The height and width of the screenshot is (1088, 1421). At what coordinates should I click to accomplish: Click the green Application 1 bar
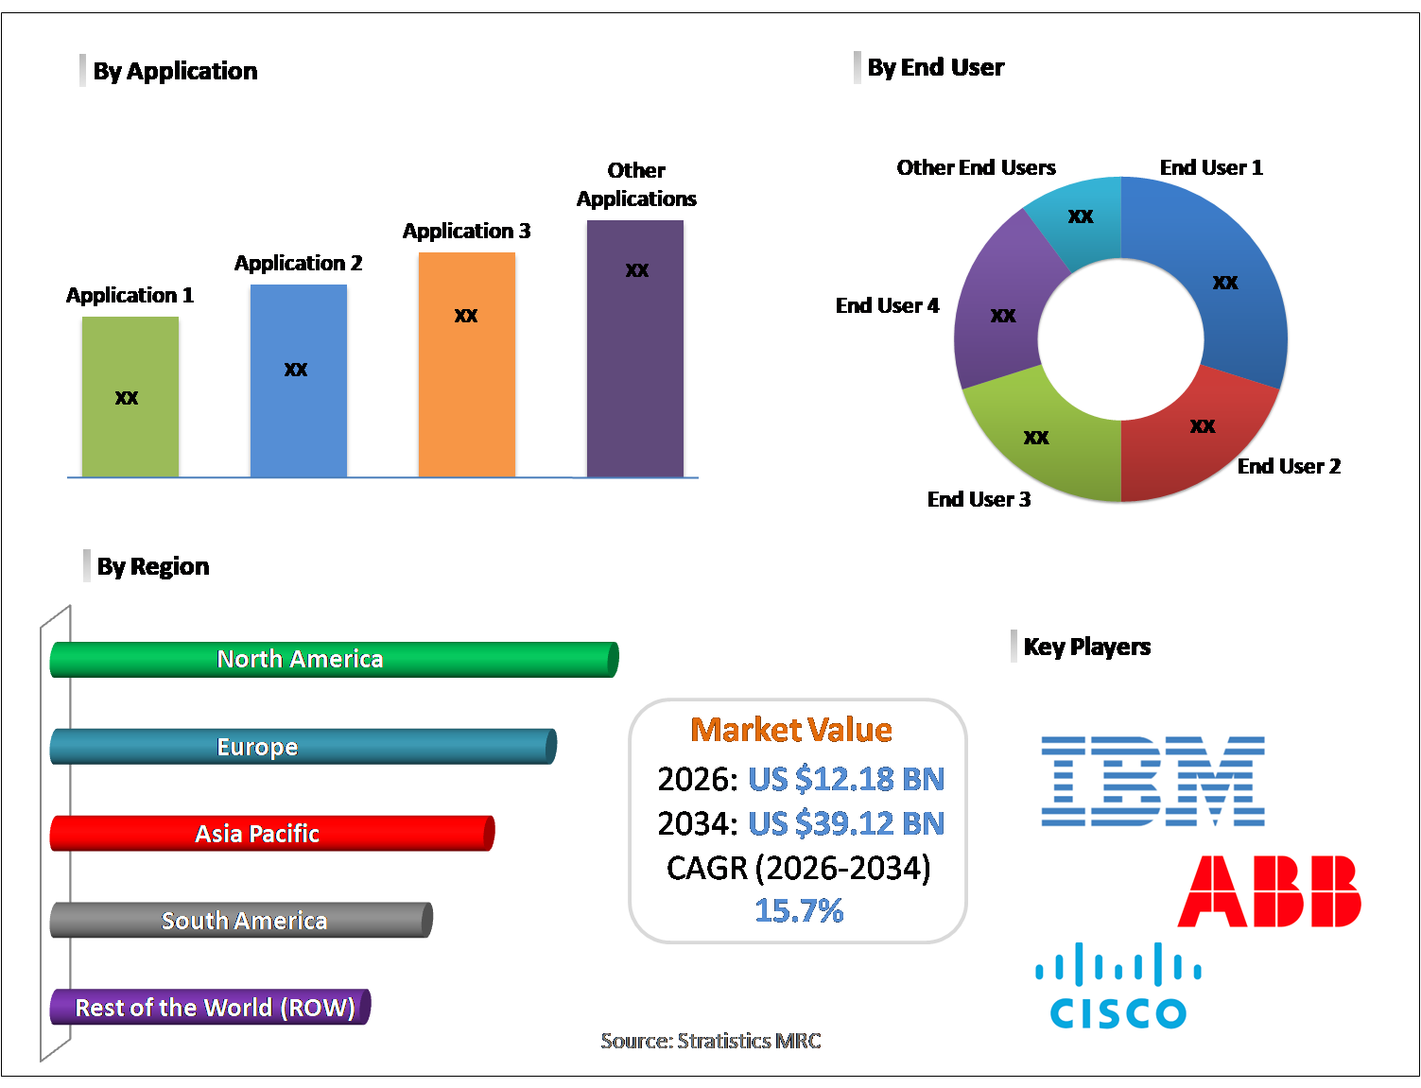coord(130,396)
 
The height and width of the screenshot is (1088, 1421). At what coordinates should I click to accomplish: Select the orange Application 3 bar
coord(466,364)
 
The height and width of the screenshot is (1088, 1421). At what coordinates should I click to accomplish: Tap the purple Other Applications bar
coord(635,349)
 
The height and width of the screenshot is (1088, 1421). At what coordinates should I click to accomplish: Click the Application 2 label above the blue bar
coord(298,263)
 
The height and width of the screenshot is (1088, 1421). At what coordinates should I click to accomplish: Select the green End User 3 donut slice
coord(1036,438)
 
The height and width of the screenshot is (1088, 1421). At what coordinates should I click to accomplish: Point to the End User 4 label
coord(887,305)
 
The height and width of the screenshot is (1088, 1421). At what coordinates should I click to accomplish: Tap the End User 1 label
coord(1211,167)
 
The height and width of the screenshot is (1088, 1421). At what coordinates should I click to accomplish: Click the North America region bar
coord(334,659)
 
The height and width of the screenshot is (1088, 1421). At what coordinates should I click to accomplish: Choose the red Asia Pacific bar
coord(272,833)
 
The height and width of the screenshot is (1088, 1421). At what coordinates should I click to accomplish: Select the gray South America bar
coord(241,920)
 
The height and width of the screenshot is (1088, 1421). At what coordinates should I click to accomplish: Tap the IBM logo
coord(1152,781)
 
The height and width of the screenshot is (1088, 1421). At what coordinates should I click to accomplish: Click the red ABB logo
coord(1270,890)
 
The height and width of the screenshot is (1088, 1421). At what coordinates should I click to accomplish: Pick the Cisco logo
coord(1118,985)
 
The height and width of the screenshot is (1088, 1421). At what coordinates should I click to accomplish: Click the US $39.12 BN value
coord(846,823)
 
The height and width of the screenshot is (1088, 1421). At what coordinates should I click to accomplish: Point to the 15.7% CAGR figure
coord(799,910)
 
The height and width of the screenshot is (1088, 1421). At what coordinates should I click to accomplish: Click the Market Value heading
coord(791,730)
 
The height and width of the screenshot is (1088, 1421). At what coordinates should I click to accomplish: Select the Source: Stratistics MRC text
coord(711,1041)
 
